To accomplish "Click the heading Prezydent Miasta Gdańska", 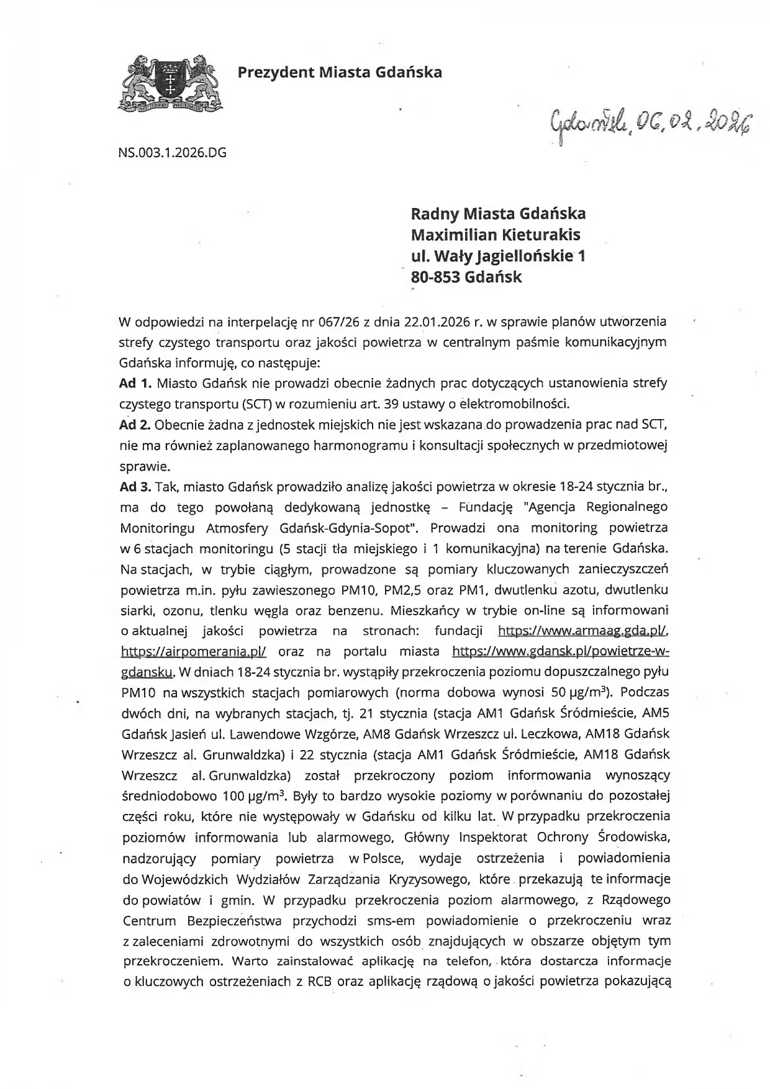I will click(340, 73).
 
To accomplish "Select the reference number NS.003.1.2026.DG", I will click(172, 151).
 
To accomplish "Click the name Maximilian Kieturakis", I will click(496, 235).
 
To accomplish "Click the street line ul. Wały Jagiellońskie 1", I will click(498, 256).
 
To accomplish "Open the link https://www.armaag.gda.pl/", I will click(583, 631).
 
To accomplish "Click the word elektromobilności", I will click(517, 404).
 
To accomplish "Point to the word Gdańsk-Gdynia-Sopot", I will click(350, 528).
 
